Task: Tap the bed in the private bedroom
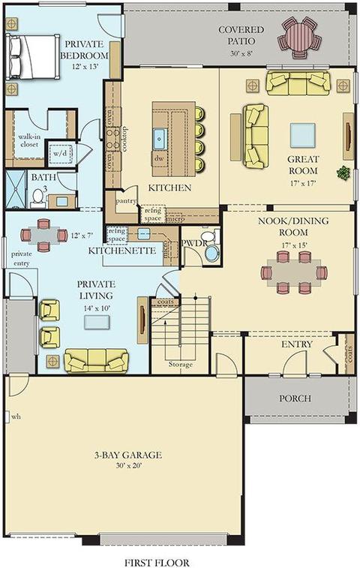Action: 32,56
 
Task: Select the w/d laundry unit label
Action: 60,153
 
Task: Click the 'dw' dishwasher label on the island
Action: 159,158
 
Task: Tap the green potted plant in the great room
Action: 343,173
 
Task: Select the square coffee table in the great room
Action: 302,135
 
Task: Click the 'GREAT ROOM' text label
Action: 304,165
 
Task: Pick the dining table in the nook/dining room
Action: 294,272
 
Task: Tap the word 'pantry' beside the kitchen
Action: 126,200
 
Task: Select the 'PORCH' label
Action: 295,398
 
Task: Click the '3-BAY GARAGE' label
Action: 127,455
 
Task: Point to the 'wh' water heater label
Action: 16,417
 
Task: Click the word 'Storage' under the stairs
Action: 180,365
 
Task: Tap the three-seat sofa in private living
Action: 96,360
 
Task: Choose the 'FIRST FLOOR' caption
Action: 157,563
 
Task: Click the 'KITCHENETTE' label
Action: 122,251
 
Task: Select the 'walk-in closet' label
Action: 28,140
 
